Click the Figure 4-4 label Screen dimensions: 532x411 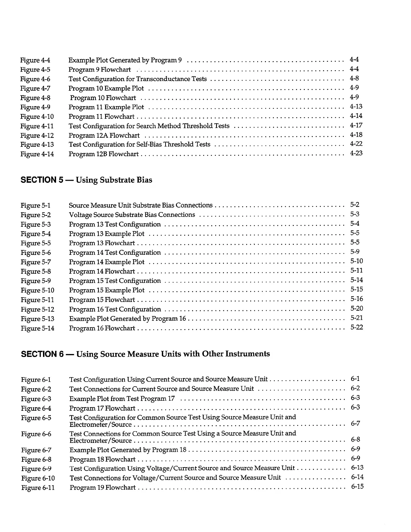click(35, 60)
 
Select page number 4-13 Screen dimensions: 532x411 click(356, 106)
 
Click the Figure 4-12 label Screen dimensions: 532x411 click(37, 136)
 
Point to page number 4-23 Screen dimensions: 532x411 click(356, 153)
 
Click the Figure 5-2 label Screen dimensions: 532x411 click(36, 215)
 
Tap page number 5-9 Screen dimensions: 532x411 click(355, 252)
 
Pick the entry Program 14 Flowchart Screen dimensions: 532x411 click(102, 271)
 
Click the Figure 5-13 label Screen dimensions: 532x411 click(37, 319)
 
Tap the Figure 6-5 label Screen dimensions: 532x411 click(36, 418)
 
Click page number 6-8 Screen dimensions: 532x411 click(355, 440)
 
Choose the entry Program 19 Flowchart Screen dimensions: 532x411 click(102, 488)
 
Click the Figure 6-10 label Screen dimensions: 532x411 click(38, 478)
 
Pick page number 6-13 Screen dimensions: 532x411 click(357, 468)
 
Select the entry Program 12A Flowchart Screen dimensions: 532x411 click(104, 136)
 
